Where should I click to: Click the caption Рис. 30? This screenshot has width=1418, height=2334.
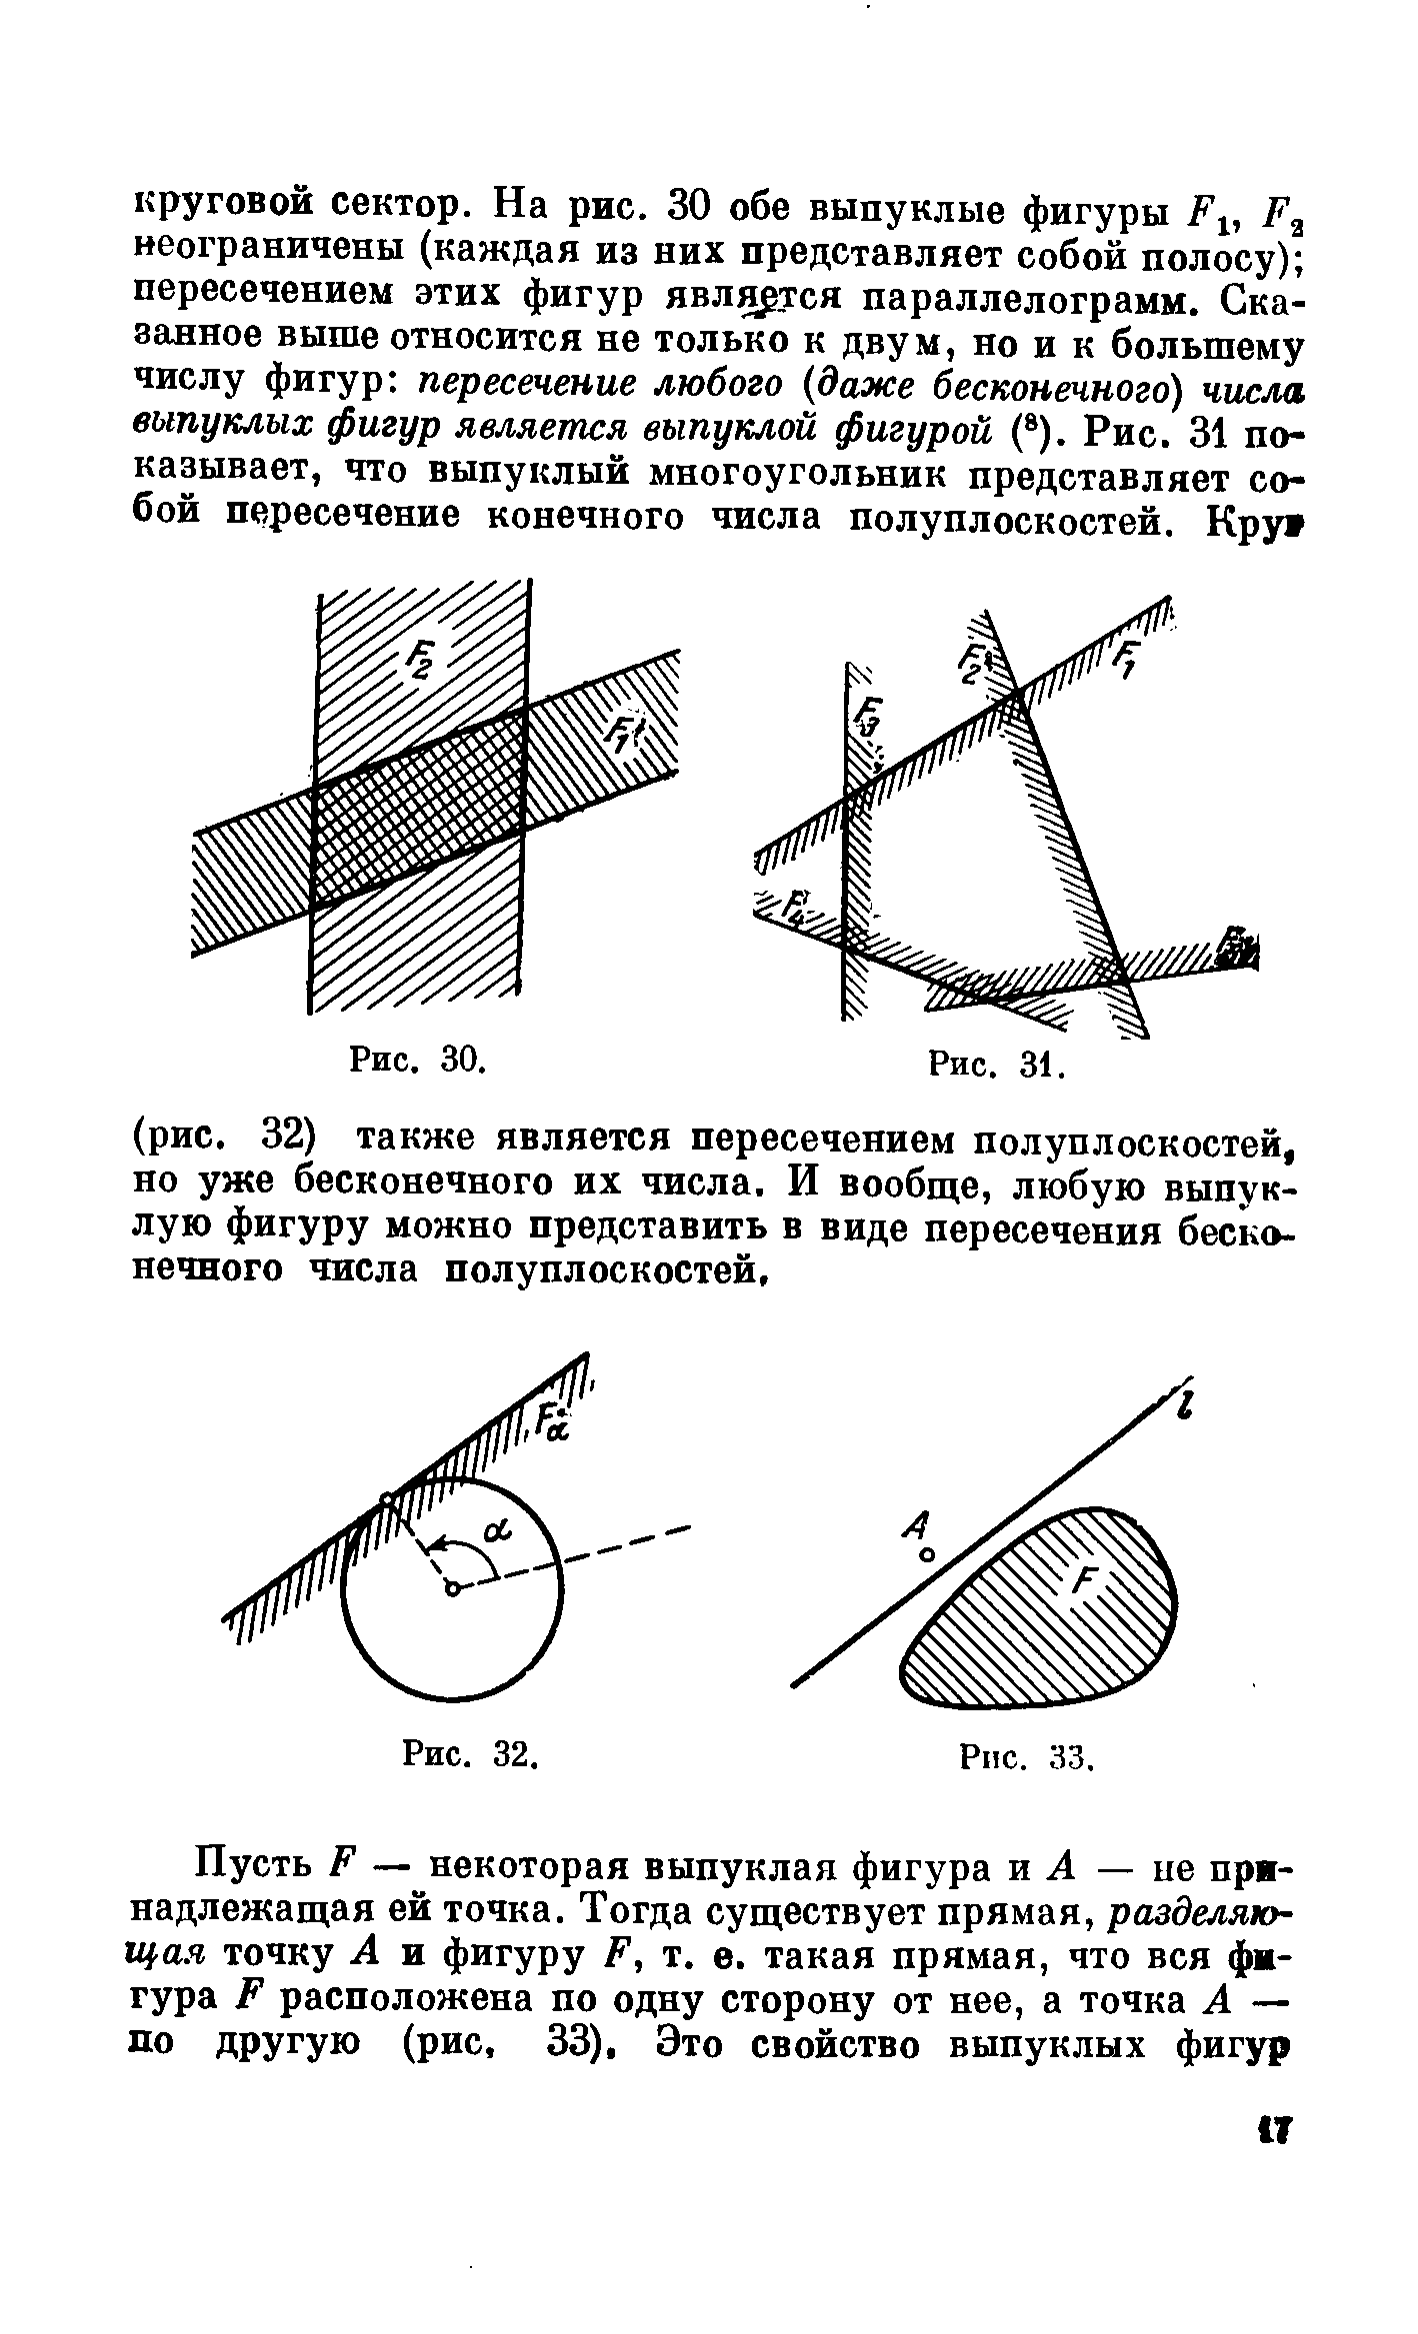418,1059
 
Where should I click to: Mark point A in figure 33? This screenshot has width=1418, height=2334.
927,1556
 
